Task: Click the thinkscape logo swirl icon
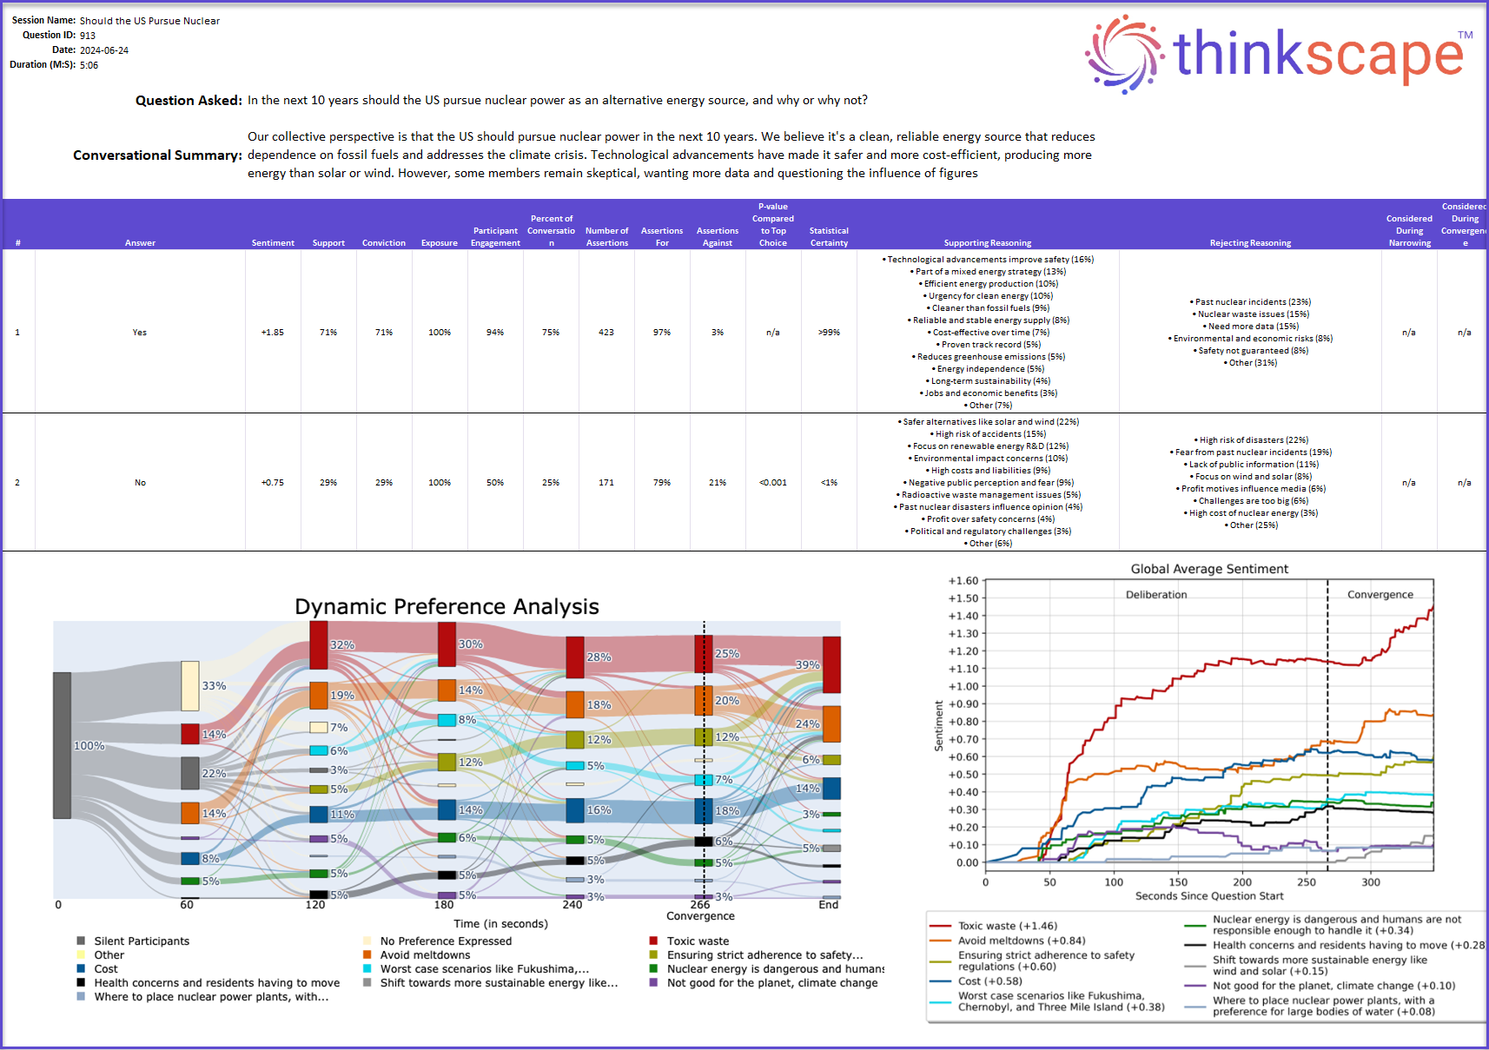point(1124,54)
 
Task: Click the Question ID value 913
point(88,36)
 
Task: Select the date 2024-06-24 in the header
point(104,50)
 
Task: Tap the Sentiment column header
point(273,243)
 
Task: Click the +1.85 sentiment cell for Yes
point(273,333)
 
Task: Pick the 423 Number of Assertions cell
point(606,333)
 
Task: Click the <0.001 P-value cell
point(772,483)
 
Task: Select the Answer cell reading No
point(140,483)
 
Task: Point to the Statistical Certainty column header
point(829,237)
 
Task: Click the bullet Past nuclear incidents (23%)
point(1251,302)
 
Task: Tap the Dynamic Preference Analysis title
point(447,606)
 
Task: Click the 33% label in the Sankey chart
point(214,686)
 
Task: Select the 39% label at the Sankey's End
point(807,665)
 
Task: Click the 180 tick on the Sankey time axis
point(443,905)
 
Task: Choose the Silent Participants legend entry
point(141,941)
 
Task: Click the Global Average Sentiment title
point(1209,569)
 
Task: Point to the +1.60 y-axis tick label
point(963,581)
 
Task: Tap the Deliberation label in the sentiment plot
point(1155,595)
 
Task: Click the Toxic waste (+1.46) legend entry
point(1007,926)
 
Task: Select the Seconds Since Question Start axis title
point(1208,896)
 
